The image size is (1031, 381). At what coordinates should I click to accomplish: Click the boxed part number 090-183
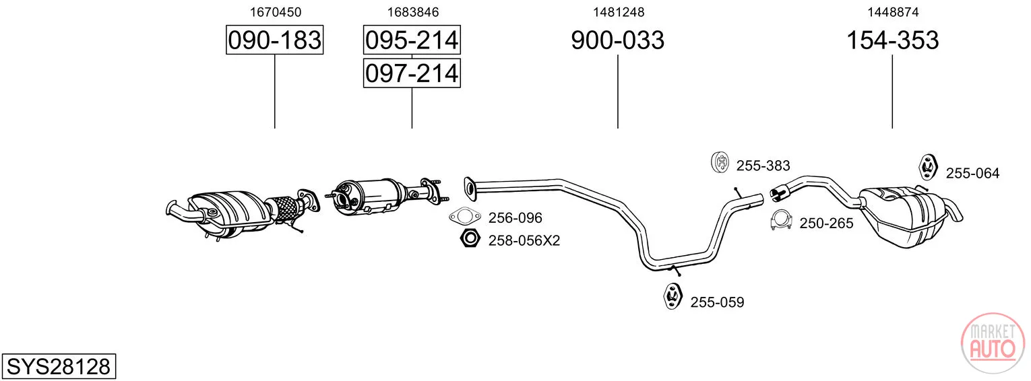click(275, 40)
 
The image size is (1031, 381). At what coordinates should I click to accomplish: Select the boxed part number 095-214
click(412, 40)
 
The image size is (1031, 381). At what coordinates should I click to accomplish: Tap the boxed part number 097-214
click(412, 73)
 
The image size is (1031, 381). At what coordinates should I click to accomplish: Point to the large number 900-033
click(618, 40)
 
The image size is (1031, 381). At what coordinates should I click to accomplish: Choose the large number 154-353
click(892, 40)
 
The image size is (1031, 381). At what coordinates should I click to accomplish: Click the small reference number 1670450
click(275, 12)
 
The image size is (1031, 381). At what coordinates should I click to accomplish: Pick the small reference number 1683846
click(413, 12)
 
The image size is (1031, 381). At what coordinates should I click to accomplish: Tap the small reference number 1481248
click(619, 12)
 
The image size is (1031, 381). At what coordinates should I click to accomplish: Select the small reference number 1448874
click(893, 12)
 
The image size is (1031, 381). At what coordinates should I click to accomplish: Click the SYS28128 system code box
click(59, 366)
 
